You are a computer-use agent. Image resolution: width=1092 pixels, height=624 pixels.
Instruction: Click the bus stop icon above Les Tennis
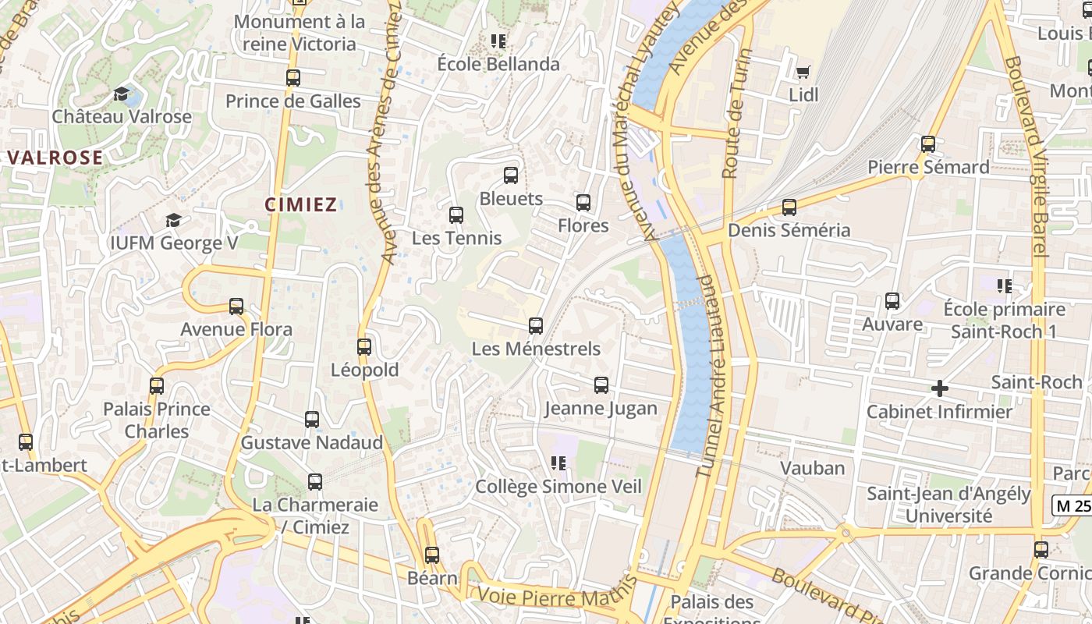tap(456, 215)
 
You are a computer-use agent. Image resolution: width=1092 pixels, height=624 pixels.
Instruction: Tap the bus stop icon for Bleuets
tap(511, 175)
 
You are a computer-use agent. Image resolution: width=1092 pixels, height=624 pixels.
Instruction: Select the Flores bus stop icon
tap(583, 203)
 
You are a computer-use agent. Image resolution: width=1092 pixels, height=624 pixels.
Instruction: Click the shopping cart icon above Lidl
tap(803, 72)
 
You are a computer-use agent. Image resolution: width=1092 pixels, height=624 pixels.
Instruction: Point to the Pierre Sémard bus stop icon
tap(928, 144)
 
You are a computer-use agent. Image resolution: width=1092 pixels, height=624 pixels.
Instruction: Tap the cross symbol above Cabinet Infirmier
tap(940, 388)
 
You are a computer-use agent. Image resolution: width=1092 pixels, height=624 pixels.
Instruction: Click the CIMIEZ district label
tap(301, 205)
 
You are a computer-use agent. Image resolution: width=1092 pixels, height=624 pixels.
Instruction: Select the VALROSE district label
tap(55, 158)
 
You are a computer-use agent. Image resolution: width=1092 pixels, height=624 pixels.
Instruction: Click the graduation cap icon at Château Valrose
tap(122, 94)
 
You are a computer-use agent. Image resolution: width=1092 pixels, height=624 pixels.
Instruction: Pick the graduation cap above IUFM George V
tap(173, 221)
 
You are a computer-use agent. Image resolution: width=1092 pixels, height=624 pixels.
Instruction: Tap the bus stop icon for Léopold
tap(364, 347)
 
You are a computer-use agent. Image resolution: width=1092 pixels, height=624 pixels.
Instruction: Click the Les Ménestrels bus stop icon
tap(536, 326)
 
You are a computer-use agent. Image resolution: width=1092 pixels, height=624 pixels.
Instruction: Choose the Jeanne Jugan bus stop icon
tap(601, 385)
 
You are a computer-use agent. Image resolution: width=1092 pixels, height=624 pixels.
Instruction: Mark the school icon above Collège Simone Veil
tap(558, 463)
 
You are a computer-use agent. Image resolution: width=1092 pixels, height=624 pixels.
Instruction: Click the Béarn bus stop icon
tap(432, 555)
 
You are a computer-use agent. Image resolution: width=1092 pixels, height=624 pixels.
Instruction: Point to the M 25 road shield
tap(1072, 505)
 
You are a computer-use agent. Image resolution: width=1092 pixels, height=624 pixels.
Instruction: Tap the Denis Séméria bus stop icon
tap(789, 207)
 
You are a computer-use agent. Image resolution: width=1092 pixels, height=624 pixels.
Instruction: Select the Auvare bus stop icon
tap(892, 301)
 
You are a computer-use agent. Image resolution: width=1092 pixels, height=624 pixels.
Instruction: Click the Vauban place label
tap(813, 468)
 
